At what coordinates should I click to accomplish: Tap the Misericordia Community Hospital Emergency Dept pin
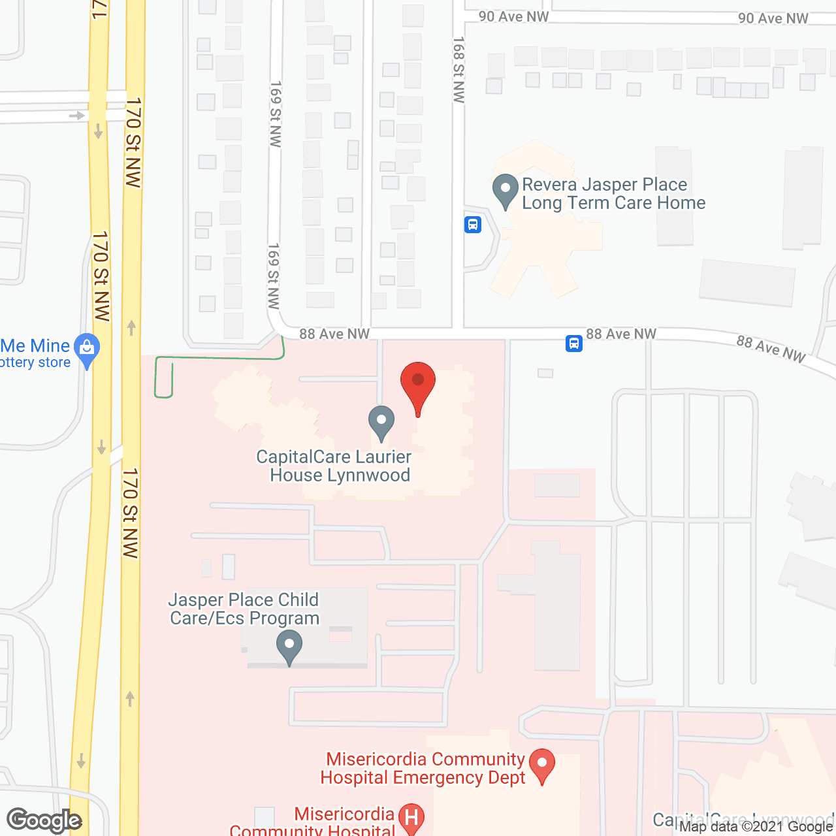541,765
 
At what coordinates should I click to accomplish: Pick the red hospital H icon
411,818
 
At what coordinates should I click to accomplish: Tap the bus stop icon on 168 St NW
473,225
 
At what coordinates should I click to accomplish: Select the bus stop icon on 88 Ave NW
573,343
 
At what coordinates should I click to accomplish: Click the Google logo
44,820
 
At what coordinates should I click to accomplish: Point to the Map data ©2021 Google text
756,826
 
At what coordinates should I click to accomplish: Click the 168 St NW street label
458,70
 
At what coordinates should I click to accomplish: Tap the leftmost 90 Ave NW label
513,16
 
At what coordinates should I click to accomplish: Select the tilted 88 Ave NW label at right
771,349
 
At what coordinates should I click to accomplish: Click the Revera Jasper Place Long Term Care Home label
613,194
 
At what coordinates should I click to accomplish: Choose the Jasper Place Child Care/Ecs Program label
244,609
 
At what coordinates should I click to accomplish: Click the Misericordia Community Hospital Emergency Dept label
425,768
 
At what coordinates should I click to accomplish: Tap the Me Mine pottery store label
35,353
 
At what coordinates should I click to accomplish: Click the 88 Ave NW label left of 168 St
334,334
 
